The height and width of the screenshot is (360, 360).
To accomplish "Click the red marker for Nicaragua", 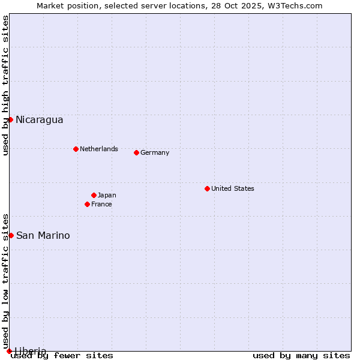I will (x=10, y=119).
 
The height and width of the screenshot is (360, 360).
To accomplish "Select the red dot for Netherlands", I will (x=76, y=149).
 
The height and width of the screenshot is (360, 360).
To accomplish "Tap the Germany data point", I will (x=136, y=152).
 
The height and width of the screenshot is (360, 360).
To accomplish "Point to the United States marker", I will (x=207, y=188).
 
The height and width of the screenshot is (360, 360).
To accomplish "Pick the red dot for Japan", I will (x=94, y=195).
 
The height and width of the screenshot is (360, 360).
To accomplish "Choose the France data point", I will (x=87, y=204).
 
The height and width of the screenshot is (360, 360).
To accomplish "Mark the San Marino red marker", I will (x=11, y=235).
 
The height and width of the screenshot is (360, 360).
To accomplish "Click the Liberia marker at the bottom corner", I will (x=9, y=351).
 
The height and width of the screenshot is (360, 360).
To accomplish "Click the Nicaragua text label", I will (x=40, y=120).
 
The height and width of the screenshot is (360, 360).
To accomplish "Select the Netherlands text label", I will (x=99, y=149).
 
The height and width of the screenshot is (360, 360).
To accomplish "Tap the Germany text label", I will (x=155, y=152).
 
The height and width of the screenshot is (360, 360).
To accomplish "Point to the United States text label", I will (x=233, y=188).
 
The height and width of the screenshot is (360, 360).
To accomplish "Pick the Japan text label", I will (x=107, y=195).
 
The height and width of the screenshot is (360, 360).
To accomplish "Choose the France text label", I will (x=101, y=204).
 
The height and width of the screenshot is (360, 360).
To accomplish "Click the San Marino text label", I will (x=43, y=236).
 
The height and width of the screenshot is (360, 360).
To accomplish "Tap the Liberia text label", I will (x=31, y=351).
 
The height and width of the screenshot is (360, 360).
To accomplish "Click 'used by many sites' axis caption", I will (x=301, y=356).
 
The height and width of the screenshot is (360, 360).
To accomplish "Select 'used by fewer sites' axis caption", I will (x=62, y=356).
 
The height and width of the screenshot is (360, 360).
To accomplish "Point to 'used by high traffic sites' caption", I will (x=5, y=85).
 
